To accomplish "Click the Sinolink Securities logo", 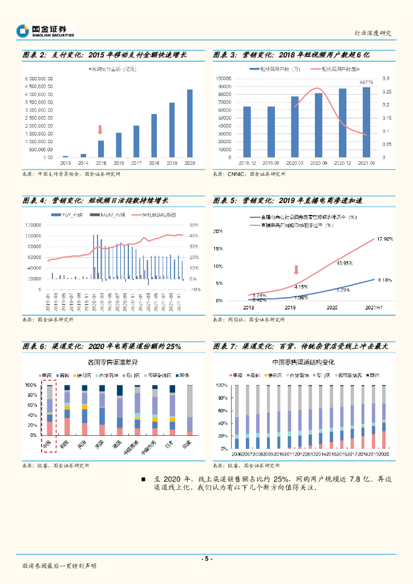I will [46, 31].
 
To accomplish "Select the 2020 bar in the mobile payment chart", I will [189, 123].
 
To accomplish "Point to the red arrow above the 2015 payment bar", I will [100, 130].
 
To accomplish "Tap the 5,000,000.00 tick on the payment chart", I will [39, 78].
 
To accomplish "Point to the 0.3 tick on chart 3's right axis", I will [386, 78].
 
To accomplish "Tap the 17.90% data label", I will [385, 240].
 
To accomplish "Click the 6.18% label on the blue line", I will [385, 280].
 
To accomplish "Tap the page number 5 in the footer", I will [206, 559].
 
